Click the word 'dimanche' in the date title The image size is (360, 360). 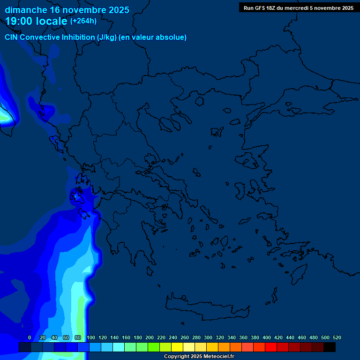point(25,10)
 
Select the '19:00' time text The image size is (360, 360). point(21,21)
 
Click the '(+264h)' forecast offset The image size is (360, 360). point(83,21)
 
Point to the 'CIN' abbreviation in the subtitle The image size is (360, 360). point(12,37)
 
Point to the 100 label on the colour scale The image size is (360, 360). point(91,337)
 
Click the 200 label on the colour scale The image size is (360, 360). point(150,337)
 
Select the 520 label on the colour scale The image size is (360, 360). point(337,337)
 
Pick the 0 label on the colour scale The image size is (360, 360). point(30,337)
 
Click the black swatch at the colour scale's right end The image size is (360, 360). point(330,347)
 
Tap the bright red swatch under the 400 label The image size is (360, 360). point(271,347)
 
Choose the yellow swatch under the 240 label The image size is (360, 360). point(177,347)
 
